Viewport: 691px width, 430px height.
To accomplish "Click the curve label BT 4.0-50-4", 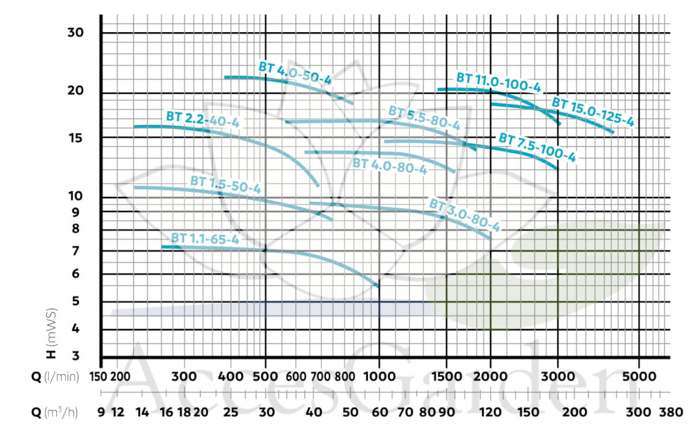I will [x=295, y=73].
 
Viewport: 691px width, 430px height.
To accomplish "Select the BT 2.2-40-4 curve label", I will [x=202, y=119].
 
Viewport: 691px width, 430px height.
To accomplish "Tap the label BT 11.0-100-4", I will [x=499, y=82].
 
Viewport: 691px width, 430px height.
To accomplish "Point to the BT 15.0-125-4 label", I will [x=593, y=112].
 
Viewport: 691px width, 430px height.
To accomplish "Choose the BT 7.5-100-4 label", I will [x=537, y=147].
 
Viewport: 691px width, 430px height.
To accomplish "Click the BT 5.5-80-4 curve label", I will [x=424, y=118].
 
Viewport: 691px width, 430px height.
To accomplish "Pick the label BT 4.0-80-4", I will [x=389, y=166].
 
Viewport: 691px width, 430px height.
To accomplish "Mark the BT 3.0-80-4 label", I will [x=464, y=214].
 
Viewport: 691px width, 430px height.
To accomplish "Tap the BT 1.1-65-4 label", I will [x=204, y=238].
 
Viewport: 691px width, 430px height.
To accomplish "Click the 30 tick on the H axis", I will [x=76, y=33].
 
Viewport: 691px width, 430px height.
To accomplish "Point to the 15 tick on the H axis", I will [x=76, y=138].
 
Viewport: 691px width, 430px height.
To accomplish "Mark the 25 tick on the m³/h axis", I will [x=230, y=412].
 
